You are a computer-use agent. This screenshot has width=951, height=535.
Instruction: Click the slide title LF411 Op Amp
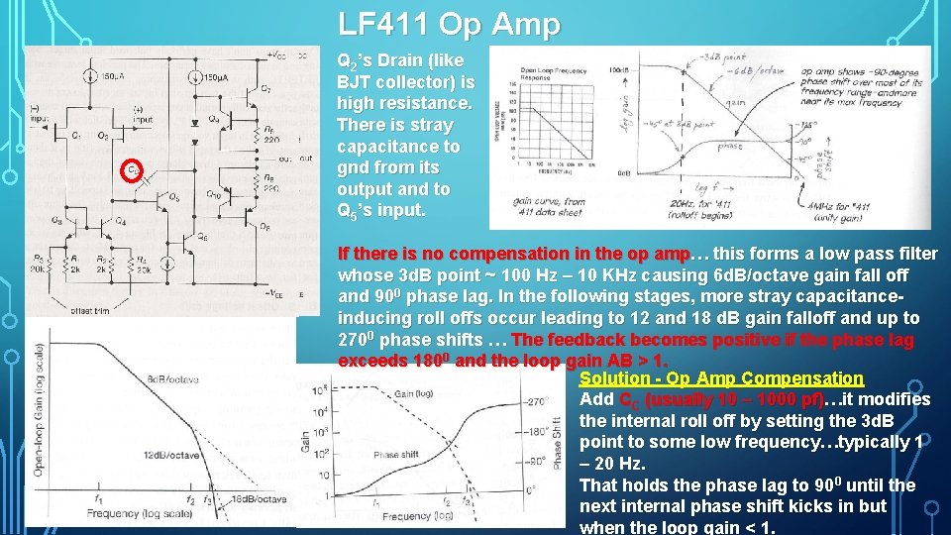(449, 24)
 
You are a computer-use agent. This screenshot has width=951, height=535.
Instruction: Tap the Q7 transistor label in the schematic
(265, 90)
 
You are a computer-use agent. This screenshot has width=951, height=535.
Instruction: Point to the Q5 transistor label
(174, 197)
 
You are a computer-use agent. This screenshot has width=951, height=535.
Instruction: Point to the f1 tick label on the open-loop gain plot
(98, 499)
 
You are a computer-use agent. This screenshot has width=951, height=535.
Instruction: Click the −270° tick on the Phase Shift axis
(536, 402)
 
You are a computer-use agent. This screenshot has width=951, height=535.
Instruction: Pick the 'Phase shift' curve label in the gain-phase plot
(398, 455)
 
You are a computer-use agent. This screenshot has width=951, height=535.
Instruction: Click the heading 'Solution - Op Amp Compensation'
(721, 378)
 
